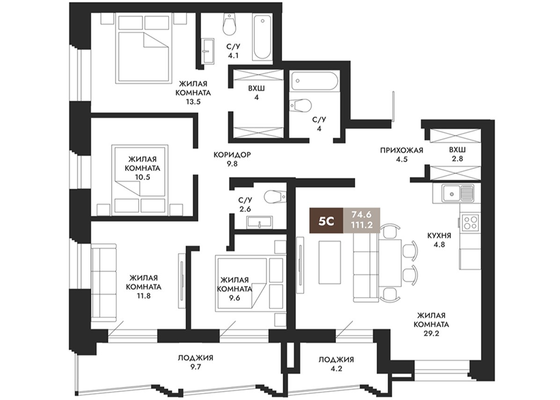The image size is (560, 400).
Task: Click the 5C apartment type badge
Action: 326,220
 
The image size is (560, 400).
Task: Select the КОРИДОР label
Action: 232,155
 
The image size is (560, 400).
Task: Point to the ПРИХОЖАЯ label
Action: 401,151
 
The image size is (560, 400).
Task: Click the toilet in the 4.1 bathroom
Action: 230,24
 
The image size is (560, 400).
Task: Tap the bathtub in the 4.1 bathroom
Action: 262,37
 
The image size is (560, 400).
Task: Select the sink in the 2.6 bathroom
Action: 260,222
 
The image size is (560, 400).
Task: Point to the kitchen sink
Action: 458,194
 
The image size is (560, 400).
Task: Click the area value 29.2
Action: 431,334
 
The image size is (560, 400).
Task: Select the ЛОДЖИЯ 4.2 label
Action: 337,364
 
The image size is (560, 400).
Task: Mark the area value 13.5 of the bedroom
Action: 193,102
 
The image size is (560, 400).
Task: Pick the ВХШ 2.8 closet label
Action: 458,154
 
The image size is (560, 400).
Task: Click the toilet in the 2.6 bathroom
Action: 275,196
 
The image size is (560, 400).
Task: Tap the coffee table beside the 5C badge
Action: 329,261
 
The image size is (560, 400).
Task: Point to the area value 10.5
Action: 142,176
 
